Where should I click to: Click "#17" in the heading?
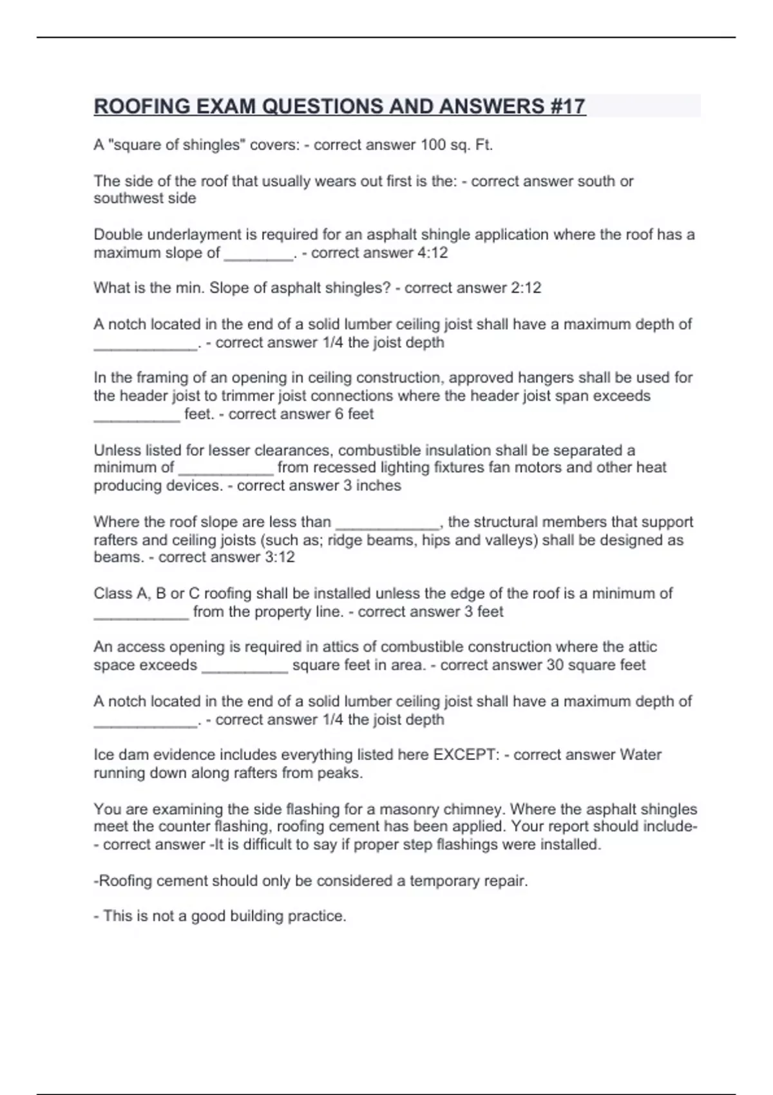tap(568, 106)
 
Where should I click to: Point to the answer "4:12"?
tap(432, 252)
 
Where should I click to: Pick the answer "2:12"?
tap(526, 288)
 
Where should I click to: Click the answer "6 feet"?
tap(354, 414)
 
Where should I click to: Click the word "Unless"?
tap(113, 450)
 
